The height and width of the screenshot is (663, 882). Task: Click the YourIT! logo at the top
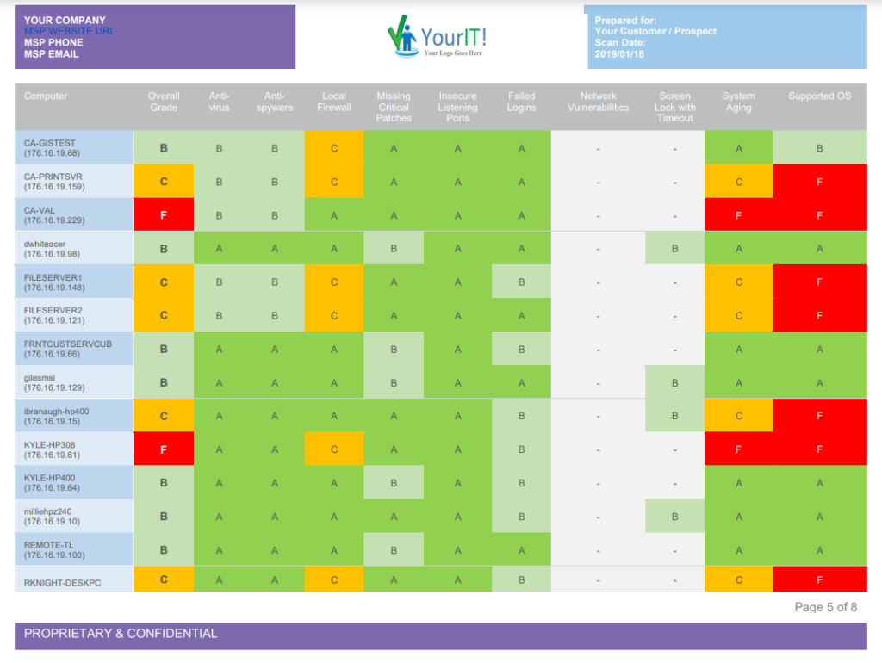(437, 36)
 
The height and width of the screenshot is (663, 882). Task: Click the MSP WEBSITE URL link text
(69, 31)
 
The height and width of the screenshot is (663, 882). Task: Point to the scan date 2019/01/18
(619, 54)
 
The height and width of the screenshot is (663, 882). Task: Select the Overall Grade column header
(164, 102)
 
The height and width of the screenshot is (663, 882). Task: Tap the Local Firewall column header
(334, 102)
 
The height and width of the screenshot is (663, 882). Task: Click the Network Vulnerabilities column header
(598, 102)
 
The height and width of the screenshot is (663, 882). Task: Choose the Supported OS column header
(820, 96)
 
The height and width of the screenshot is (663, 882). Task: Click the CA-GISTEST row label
(53, 148)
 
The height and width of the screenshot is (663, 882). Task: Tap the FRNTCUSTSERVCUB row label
(68, 349)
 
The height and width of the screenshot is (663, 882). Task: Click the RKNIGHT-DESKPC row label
(62, 583)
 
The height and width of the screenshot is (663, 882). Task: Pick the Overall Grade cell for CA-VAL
(164, 214)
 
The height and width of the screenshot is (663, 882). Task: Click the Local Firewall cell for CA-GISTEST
(334, 148)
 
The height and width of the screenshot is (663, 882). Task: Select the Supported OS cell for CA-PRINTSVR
(820, 182)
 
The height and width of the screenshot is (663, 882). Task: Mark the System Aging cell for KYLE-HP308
(738, 449)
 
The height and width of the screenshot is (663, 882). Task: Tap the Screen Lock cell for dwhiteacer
(675, 249)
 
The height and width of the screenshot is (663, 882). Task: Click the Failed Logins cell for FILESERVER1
(521, 282)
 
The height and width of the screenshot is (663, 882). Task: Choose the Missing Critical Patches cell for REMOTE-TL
(394, 550)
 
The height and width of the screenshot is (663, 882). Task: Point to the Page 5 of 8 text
(826, 607)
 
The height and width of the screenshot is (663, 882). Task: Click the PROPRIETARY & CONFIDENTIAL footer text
(121, 634)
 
